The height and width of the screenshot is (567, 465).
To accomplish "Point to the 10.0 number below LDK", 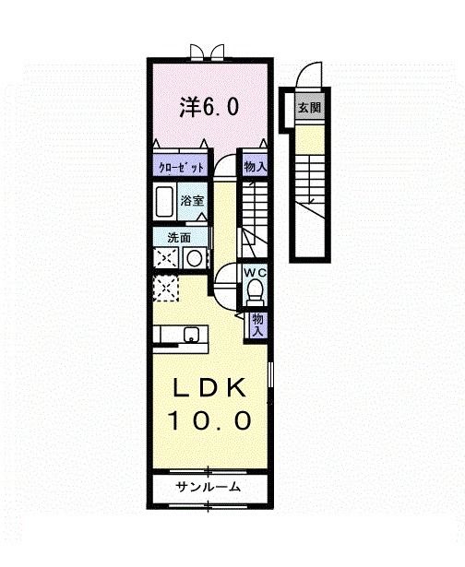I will [210, 421].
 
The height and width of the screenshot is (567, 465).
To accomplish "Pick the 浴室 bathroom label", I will [192, 199].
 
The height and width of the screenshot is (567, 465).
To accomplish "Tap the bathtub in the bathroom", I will [167, 200].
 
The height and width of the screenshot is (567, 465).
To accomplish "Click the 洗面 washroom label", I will [179, 237].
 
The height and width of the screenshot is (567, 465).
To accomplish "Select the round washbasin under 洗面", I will [194, 259].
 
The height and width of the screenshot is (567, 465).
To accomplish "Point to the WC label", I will [255, 273].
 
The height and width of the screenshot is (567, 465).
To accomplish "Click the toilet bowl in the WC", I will [256, 293].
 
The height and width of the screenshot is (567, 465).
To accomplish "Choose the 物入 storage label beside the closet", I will [255, 167].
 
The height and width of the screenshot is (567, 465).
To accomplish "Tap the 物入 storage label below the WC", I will [258, 323].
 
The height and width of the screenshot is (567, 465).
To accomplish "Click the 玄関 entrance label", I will [307, 107].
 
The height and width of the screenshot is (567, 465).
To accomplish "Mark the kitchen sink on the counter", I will [192, 334].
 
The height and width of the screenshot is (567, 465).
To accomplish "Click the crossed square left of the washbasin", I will [167, 259].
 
